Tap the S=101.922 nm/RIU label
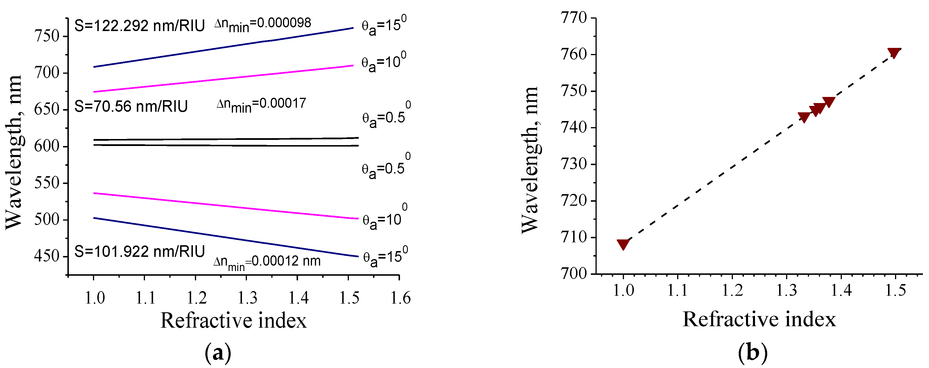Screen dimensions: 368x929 (139, 252)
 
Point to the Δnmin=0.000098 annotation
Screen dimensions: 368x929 (263, 24)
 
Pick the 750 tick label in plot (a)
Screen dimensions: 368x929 (46, 36)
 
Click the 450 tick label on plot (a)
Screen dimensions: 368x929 (46, 256)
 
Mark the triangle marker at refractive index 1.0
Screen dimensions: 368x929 (623, 244)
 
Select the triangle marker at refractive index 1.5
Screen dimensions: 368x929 (894, 53)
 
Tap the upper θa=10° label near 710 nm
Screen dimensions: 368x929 (384, 63)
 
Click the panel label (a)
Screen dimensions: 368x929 (218, 353)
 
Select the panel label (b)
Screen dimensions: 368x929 (753, 353)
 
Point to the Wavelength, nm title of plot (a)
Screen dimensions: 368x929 (15, 152)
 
